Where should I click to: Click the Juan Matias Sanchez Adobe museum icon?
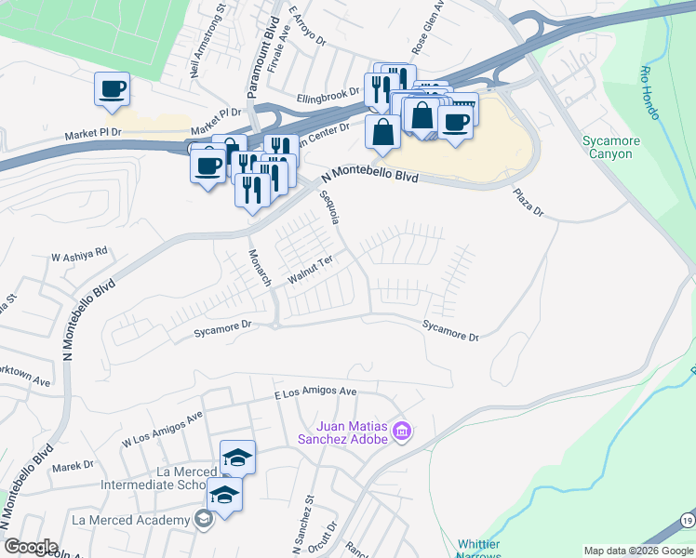402,432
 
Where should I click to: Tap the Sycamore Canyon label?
612,147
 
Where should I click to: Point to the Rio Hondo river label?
649,92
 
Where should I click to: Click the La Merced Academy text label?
130,519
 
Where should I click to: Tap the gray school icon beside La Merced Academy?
203,519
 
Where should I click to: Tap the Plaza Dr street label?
528,201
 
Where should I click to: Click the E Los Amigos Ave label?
315,394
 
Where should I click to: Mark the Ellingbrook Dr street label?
328,94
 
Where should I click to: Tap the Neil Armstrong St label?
208,41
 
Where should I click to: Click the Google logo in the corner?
31,547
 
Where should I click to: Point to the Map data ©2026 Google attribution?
638,551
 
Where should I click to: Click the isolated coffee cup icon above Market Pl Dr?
112,89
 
